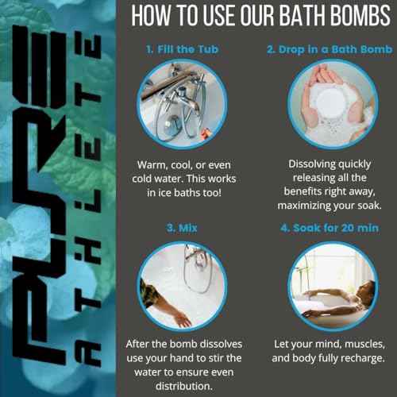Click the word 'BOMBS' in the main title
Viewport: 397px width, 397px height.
click(354, 17)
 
